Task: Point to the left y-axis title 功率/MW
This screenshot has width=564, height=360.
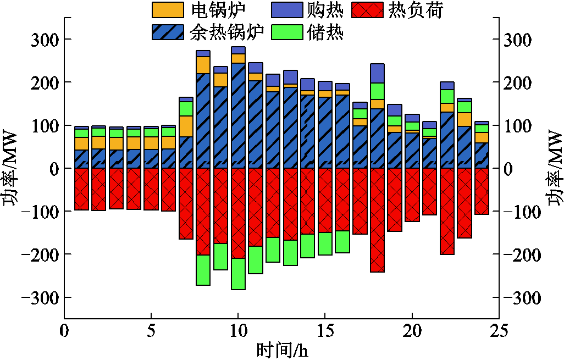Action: click(12, 168)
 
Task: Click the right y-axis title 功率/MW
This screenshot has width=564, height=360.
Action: click(554, 168)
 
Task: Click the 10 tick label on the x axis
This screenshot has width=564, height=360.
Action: click(238, 331)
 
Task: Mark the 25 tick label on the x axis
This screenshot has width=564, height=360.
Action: click(499, 331)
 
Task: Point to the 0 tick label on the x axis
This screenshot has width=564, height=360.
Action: click(64, 331)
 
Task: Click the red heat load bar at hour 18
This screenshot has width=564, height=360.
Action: click(377, 220)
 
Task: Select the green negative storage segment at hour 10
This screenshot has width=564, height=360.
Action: click(238, 274)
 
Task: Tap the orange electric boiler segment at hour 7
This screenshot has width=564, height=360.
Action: click(186, 126)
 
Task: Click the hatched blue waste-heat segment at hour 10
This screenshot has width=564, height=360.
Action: click(238, 115)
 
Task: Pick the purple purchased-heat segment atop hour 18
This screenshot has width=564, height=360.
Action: click(377, 73)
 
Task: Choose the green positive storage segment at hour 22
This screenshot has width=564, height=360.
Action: click(447, 96)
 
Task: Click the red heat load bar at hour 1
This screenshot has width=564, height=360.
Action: click(81, 189)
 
